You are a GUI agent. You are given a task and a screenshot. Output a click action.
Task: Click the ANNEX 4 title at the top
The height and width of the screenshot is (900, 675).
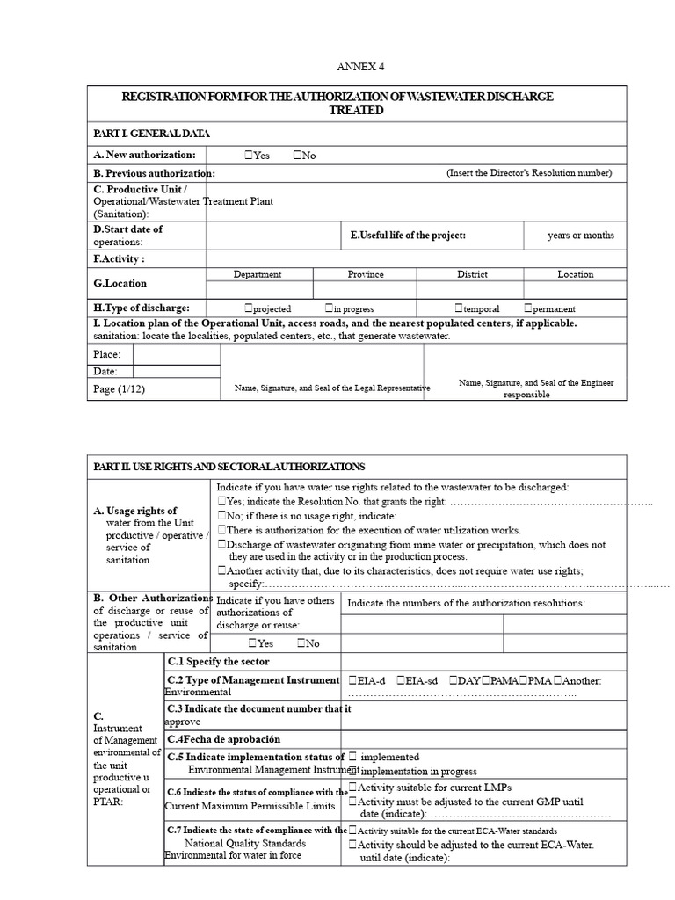(x=361, y=67)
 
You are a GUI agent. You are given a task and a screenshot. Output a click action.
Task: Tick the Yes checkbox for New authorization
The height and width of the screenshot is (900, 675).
(x=250, y=156)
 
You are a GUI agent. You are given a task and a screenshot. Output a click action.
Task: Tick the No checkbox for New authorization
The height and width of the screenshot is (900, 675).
(x=297, y=156)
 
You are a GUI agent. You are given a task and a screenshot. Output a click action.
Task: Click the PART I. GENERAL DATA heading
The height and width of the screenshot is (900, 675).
(x=151, y=134)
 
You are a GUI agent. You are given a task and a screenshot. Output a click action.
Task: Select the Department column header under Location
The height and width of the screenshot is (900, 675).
(x=258, y=274)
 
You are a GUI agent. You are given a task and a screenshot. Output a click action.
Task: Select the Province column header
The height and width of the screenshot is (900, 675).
(x=365, y=274)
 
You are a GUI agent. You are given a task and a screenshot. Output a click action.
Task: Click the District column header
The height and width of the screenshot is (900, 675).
(x=472, y=274)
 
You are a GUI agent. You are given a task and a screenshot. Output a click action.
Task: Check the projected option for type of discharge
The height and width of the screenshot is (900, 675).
(x=250, y=308)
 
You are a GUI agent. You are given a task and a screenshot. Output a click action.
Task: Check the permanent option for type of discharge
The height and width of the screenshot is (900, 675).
(x=527, y=308)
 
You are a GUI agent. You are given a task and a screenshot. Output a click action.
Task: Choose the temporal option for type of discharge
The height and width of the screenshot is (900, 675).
(x=459, y=308)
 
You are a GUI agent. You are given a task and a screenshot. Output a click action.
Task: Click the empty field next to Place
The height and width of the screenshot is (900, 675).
(x=176, y=354)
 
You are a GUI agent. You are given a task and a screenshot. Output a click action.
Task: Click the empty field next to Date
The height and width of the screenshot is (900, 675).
(x=176, y=372)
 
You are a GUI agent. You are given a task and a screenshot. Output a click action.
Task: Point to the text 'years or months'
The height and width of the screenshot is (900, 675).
(x=580, y=236)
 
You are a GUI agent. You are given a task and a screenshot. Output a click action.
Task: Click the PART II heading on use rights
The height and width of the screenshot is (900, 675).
(x=229, y=467)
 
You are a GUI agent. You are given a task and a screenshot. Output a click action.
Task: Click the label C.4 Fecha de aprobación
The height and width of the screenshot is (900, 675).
(x=217, y=739)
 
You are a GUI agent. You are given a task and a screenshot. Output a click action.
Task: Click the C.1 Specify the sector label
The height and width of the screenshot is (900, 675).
(x=218, y=662)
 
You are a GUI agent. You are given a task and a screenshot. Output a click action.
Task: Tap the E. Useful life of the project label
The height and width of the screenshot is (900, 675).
(x=408, y=236)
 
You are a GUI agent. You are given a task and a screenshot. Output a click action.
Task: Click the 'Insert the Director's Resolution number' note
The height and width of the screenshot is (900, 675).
(x=529, y=173)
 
